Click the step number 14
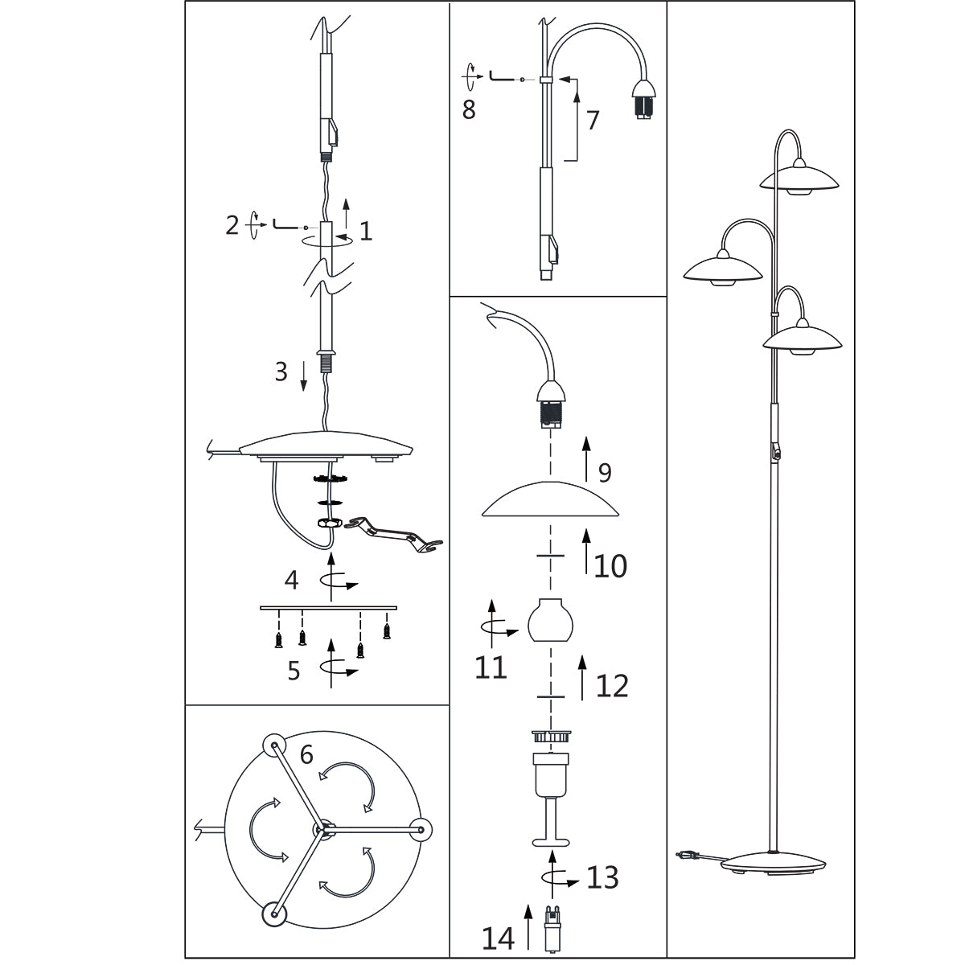click(x=499, y=938)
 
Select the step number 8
click(x=469, y=109)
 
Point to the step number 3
click(x=281, y=372)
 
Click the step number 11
click(x=491, y=667)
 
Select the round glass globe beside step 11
click(x=550, y=619)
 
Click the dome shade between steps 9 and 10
click(x=550, y=499)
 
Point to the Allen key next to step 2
click(x=286, y=224)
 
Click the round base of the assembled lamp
click(x=773, y=864)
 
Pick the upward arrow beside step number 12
click(x=582, y=678)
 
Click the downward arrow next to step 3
click(x=303, y=376)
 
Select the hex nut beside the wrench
click(x=330, y=523)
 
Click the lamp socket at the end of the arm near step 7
click(x=643, y=100)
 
